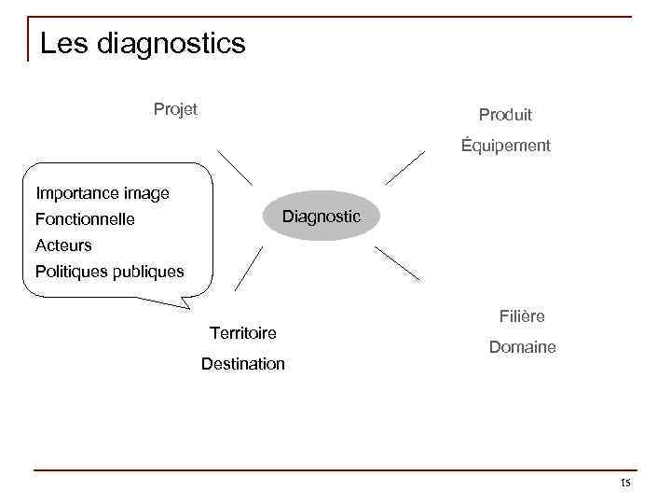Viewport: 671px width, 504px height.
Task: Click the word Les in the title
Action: point(62,43)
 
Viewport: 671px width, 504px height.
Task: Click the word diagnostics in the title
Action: point(169,44)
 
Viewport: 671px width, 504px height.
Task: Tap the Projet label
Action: point(175,109)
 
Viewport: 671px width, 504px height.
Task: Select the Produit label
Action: point(505,115)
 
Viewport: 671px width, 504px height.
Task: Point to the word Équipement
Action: point(505,146)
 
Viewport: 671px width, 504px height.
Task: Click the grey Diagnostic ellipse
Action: point(321,217)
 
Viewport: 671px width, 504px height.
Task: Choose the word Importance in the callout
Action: point(75,194)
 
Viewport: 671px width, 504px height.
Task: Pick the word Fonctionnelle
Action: point(85,220)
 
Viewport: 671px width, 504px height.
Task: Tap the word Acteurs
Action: point(63,245)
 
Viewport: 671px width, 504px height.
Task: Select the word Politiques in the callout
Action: point(73,272)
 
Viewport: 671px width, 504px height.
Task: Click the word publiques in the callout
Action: point(150,272)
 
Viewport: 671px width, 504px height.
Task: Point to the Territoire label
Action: point(243,333)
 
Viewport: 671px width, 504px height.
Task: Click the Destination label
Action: point(243,364)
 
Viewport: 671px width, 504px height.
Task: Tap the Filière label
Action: point(522,316)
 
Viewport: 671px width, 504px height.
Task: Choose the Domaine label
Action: point(522,347)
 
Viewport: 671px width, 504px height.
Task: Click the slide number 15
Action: point(624,483)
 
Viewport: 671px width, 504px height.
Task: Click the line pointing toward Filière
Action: point(396,263)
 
